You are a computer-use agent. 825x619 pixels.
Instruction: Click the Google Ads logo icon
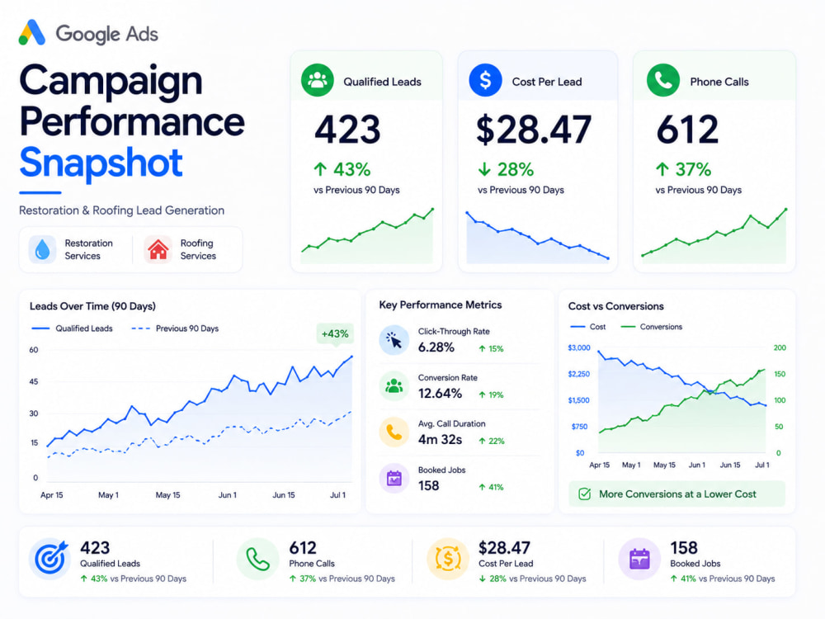[32, 33]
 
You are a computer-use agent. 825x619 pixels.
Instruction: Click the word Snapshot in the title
[101, 163]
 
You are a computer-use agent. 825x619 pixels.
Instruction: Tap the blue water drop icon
[42, 249]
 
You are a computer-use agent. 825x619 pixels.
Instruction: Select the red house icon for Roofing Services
[158, 249]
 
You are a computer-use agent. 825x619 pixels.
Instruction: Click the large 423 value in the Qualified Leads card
[347, 130]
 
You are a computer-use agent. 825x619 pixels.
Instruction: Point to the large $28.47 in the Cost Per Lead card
[534, 130]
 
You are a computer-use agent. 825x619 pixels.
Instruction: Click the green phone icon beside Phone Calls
[663, 80]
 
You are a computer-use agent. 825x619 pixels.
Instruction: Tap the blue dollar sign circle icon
[485, 80]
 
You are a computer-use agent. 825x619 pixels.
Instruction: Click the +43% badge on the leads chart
[335, 333]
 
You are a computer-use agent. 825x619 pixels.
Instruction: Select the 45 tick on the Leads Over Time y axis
[34, 381]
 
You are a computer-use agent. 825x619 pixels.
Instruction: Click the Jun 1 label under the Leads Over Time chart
[228, 494]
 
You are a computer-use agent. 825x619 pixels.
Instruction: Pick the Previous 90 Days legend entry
[175, 328]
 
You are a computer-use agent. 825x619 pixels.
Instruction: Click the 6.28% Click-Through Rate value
[436, 347]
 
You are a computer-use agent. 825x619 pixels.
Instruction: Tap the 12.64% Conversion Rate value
[440, 393]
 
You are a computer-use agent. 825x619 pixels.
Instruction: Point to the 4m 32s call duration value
[440, 440]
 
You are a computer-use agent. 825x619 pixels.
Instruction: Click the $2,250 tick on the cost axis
[579, 374]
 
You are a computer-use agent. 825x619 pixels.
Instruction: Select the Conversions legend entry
[652, 327]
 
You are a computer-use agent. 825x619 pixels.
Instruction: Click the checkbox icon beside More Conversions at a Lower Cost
[585, 494]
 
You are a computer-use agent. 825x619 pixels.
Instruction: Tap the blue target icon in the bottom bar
[50, 559]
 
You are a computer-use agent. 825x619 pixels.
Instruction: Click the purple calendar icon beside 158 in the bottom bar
[639, 559]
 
